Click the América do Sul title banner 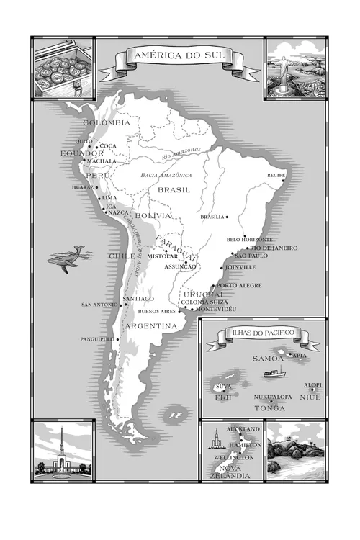[x=180, y=56]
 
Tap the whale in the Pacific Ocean [x=66, y=258]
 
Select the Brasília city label [x=212, y=217]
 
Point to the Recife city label [x=276, y=175]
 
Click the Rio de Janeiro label [x=274, y=248]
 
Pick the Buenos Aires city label [x=157, y=312]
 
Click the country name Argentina [x=151, y=326]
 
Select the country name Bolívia [x=153, y=215]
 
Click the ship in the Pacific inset [x=274, y=373]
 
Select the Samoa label [x=268, y=358]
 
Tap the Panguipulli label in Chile [x=96, y=338]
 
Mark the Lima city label [x=109, y=197]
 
